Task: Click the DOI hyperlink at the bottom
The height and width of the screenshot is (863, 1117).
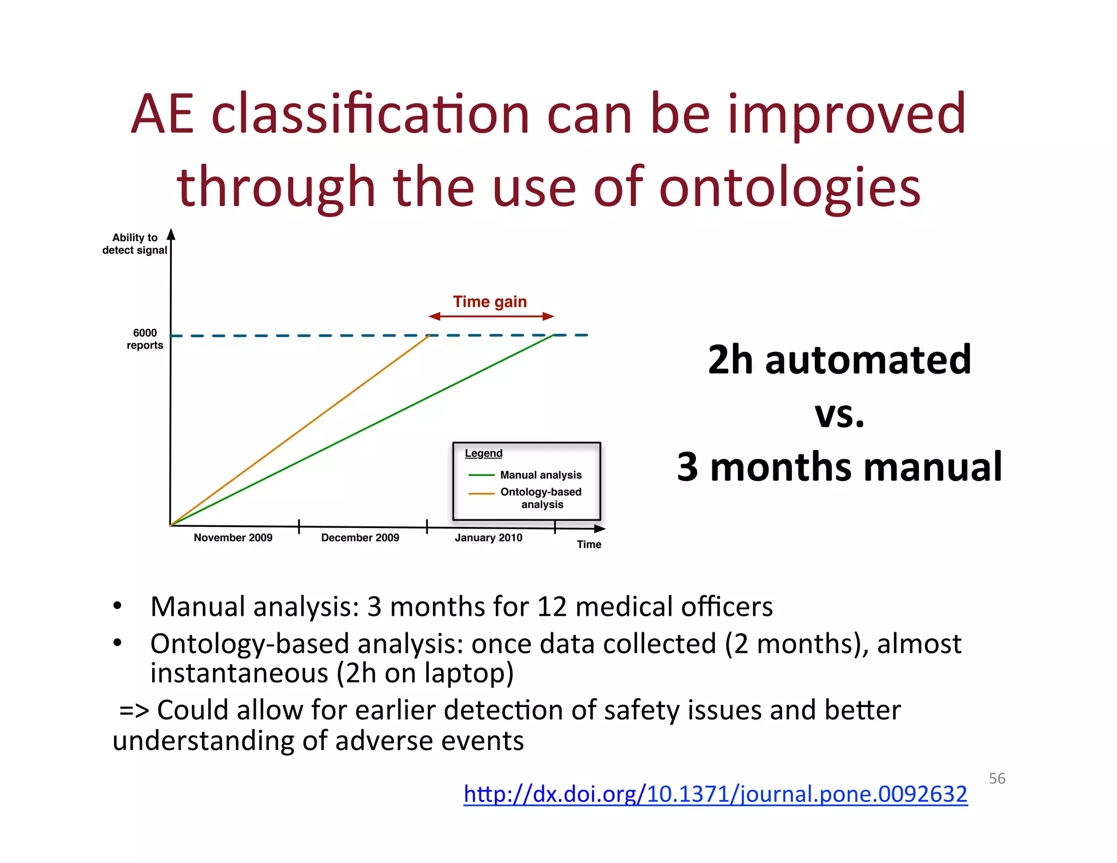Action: pos(715,794)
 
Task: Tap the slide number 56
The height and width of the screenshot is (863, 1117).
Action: pos(996,778)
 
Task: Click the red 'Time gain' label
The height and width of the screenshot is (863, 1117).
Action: pos(490,302)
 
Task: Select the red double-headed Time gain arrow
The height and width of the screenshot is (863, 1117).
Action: pos(491,316)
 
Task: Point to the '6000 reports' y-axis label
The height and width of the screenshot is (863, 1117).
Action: pos(145,339)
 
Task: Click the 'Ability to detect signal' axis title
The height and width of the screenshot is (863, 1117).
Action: pos(135,244)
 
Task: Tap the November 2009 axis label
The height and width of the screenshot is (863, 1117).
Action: pos(233,537)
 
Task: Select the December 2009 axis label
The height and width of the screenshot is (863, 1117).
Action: pos(360,537)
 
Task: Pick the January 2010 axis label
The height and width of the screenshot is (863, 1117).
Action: pos(488,537)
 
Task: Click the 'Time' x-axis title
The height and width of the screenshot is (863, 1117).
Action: pos(589,544)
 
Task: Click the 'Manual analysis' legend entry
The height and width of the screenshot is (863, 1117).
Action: pos(541,475)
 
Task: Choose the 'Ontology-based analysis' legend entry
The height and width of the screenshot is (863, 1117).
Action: pos(541,498)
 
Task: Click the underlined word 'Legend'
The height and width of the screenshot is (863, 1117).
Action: pos(483,453)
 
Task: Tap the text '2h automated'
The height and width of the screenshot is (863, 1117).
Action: pos(839,360)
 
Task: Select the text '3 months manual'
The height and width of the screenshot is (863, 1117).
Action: pos(839,467)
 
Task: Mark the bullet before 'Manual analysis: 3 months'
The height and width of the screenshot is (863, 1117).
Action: pos(117,606)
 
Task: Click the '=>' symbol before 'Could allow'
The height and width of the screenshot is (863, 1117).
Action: pos(134,710)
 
